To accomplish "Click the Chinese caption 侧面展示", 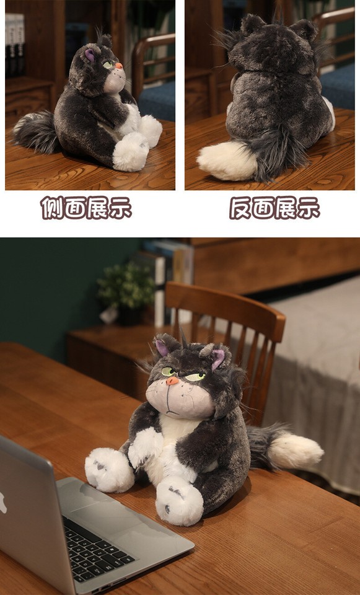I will click(x=86, y=207).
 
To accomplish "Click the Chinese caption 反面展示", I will click(x=274, y=207).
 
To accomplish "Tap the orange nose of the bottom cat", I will click(x=172, y=381).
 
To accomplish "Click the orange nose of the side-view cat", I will click(x=118, y=64).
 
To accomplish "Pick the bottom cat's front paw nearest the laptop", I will click(x=109, y=471).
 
